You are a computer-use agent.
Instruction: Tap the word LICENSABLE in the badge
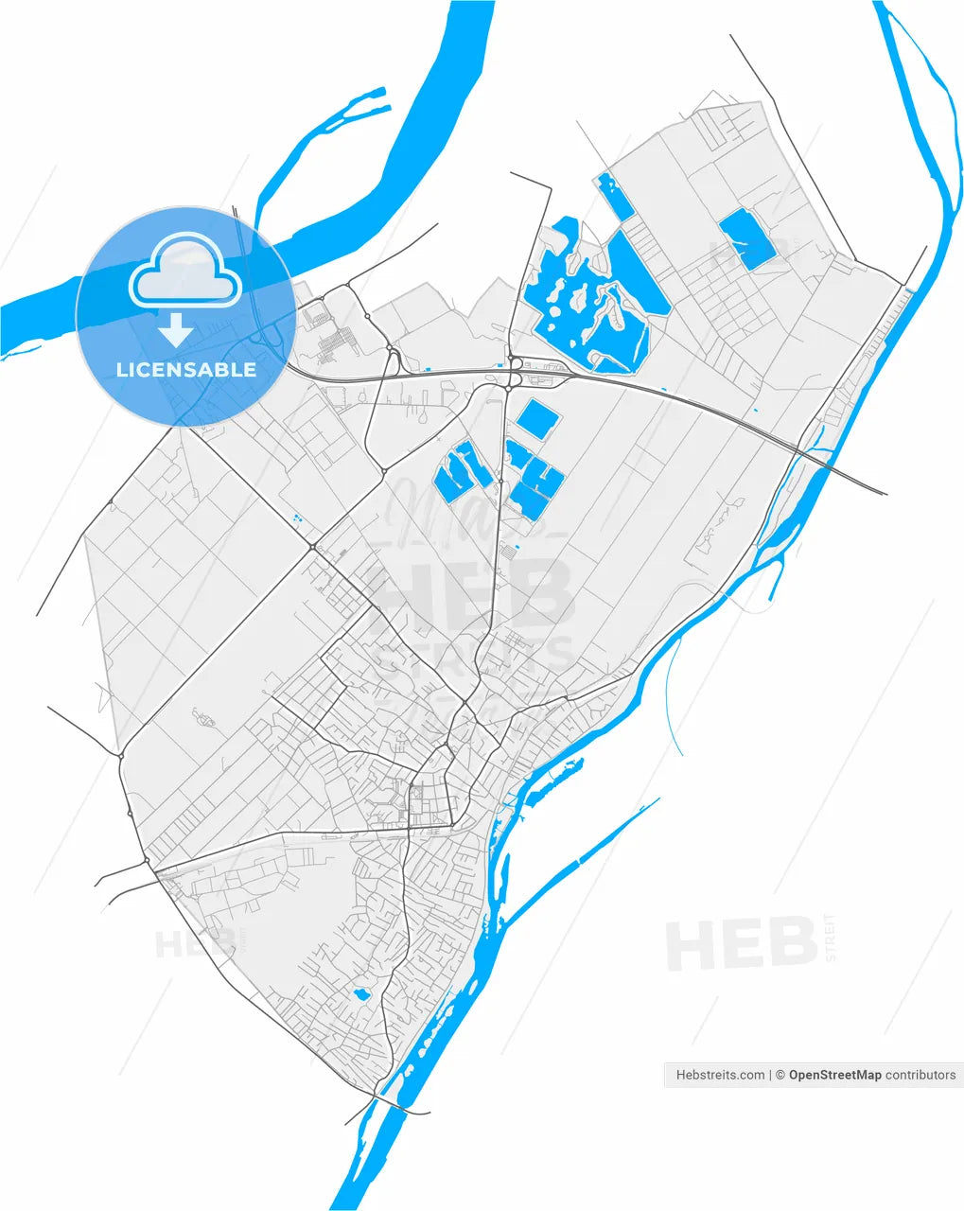(x=186, y=370)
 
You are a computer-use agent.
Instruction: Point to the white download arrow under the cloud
(x=176, y=329)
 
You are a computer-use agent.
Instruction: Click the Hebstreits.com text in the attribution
(x=720, y=1075)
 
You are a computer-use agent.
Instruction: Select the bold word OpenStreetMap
(x=834, y=1075)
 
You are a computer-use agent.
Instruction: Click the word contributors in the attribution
(x=920, y=1075)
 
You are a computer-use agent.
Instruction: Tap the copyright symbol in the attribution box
(x=780, y=1075)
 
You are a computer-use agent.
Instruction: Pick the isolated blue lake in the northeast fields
(x=746, y=239)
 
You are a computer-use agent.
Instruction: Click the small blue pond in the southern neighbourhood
(x=360, y=994)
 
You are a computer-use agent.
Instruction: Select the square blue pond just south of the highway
(x=536, y=419)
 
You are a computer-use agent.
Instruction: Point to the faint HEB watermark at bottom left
(x=194, y=942)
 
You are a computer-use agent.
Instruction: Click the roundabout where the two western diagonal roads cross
(x=312, y=546)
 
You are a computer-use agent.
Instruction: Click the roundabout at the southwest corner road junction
(x=147, y=860)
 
